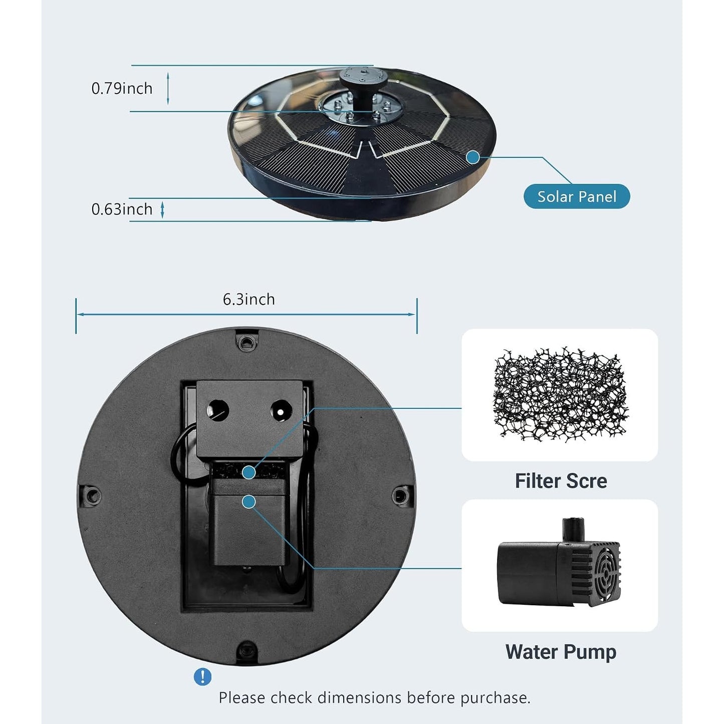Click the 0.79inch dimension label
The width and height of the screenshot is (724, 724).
tap(122, 89)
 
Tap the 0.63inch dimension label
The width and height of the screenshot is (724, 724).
tap(122, 209)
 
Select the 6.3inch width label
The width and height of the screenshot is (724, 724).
tap(249, 300)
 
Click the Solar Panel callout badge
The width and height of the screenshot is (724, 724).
tap(576, 196)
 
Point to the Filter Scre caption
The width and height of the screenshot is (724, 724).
tap(561, 481)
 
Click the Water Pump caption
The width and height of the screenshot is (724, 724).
tap(561, 652)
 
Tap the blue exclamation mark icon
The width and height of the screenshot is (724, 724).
tap(202, 677)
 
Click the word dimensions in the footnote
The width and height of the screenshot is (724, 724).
tap(360, 698)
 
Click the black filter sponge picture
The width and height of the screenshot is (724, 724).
tap(560, 394)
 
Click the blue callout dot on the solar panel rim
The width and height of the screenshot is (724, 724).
tap(473, 157)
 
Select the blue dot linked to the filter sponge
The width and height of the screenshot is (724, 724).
tap(249, 472)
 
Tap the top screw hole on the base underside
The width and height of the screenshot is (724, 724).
tap(246, 342)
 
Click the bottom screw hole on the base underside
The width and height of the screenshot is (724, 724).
tap(247, 649)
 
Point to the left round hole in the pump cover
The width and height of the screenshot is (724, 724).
tap(218, 410)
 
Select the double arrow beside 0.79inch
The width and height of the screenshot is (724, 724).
tap(168, 89)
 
